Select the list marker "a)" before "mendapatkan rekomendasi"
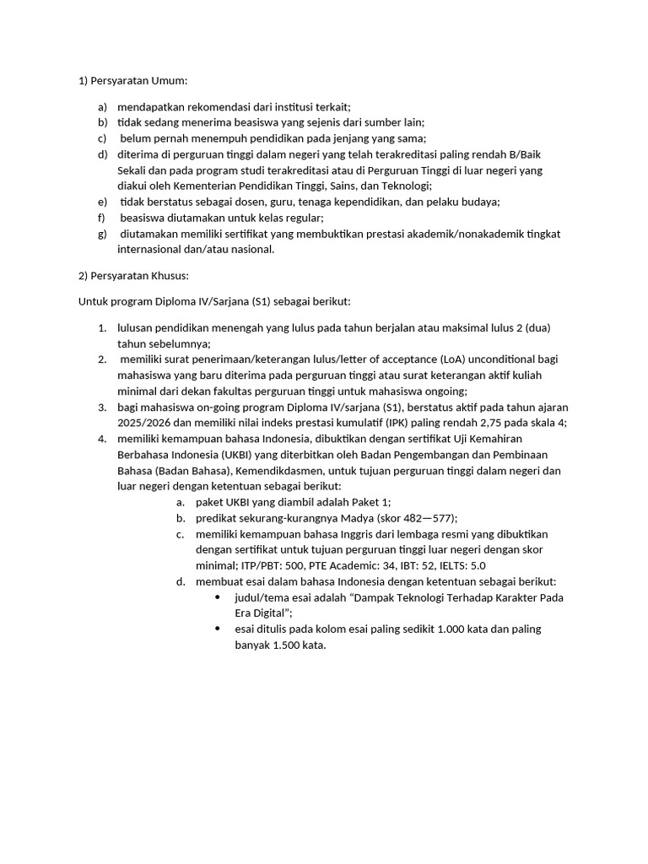(102, 107)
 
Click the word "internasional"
(152, 249)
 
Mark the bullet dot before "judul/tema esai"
(218, 597)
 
